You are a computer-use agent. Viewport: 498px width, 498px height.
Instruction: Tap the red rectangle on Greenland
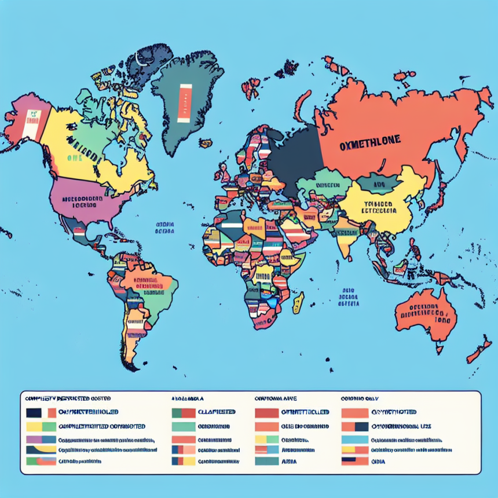coord(185,102)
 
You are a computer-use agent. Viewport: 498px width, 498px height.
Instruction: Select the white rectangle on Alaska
coord(30,124)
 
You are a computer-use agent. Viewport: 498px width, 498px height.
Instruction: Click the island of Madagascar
coord(298,302)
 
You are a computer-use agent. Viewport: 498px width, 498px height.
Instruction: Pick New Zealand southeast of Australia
coord(479,350)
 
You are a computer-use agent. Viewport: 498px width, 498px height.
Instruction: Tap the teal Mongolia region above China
coord(378,184)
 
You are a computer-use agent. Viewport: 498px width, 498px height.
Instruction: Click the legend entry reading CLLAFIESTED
coord(217,412)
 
